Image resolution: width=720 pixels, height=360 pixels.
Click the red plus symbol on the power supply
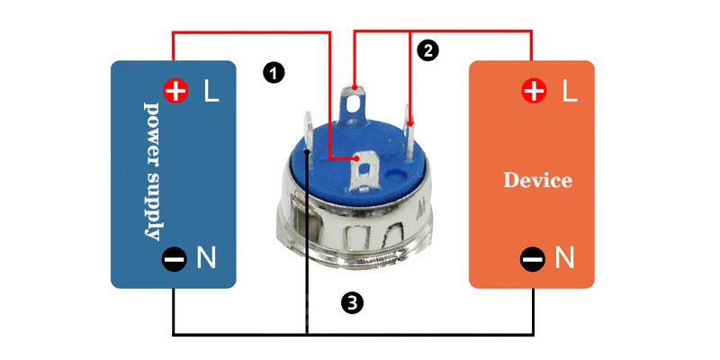(175, 90)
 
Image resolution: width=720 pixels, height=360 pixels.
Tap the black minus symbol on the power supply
(175, 259)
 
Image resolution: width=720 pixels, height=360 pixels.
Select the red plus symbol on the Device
(535, 90)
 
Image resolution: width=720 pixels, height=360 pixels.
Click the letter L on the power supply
(211, 91)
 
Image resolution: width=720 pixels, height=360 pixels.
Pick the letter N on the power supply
(206, 259)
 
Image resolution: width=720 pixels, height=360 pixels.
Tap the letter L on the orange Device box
(569, 91)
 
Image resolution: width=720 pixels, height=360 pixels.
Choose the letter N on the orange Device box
(564, 259)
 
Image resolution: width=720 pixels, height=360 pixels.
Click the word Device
(537, 180)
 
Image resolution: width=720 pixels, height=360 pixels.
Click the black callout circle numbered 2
(428, 50)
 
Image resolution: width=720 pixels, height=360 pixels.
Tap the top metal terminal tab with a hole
(356, 99)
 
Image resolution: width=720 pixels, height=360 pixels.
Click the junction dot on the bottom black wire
(308, 336)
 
